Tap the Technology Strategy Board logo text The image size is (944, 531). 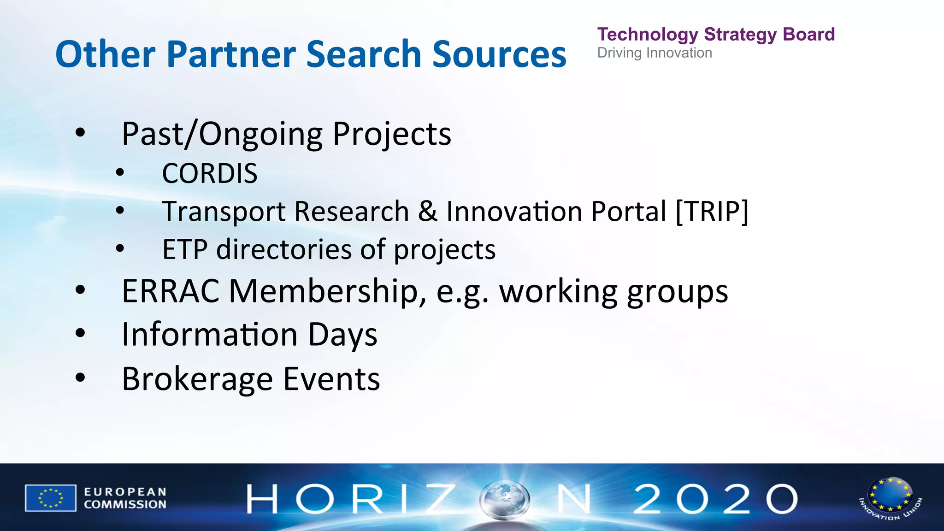(x=716, y=35)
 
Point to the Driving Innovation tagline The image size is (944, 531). (x=655, y=53)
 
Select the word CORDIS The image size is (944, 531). (x=210, y=174)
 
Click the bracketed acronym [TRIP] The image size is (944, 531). (x=712, y=212)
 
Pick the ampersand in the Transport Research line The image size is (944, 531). (x=428, y=212)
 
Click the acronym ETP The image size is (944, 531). (x=184, y=250)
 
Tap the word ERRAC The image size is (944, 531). (x=171, y=291)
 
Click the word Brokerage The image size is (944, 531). (x=197, y=379)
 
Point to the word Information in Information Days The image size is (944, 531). (x=210, y=335)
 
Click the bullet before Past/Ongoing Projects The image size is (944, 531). (x=81, y=133)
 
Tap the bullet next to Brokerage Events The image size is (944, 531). (x=81, y=378)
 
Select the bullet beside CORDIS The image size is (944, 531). (x=120, y=173)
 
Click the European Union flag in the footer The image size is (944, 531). (x=51, y=498)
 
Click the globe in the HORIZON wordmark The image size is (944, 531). (x=504, y=499)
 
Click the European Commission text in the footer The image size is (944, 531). (x=125, y=498)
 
